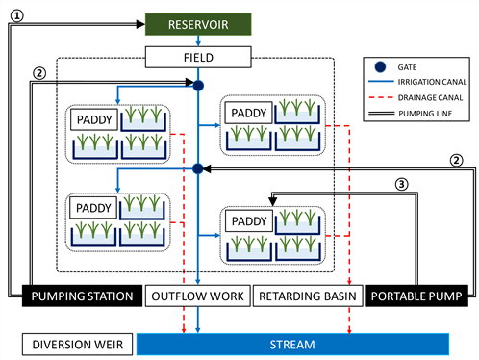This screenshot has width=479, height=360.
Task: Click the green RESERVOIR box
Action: [198, 24]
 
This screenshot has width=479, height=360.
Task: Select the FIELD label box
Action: [198, 57]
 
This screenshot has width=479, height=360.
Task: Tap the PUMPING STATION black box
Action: [82, 296]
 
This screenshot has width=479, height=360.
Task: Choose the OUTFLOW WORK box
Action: [197, 296]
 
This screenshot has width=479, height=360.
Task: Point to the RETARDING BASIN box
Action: [308, 296]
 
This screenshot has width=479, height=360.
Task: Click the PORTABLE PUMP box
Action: [416, 296]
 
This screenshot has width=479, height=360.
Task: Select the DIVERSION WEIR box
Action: [77, 345]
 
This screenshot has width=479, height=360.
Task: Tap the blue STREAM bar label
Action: [292, 345]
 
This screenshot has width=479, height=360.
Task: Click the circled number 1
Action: [17, 15]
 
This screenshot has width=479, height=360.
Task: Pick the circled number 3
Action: [401, 184]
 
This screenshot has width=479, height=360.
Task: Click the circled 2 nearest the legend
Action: [456, 160]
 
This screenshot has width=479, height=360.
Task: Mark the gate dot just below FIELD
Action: [198, 86]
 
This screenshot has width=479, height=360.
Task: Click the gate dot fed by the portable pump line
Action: [198, 168]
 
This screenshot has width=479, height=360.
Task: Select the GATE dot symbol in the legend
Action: [380, 66]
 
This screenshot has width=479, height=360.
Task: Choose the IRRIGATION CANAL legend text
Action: [432, 82]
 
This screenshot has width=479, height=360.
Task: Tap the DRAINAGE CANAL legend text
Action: [430, 97]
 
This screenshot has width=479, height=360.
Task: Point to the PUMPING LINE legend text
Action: [425, 114]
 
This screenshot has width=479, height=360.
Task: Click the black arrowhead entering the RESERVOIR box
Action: [140, 24]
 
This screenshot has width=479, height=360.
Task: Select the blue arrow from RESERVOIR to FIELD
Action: [198, 40]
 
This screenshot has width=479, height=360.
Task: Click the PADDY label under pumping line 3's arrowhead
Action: [249, 221]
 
